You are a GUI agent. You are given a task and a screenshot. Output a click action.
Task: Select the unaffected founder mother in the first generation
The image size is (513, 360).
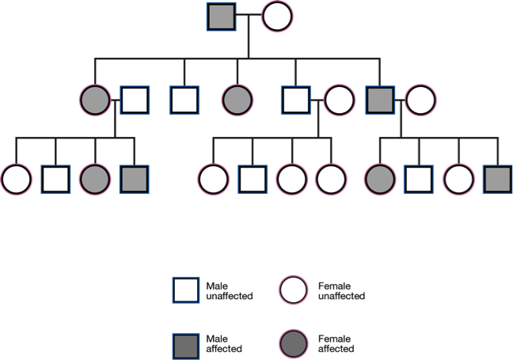(x=278, y=17)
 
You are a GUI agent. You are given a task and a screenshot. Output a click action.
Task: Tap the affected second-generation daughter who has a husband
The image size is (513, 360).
(x=94, y=100)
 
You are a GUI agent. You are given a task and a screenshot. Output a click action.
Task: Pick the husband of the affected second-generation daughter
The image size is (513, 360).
(x=135, y=100)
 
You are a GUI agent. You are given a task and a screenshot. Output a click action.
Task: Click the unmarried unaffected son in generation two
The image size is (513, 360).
(x=184, y=100)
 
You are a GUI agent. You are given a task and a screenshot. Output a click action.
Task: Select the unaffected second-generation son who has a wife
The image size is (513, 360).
(x=296, y=100)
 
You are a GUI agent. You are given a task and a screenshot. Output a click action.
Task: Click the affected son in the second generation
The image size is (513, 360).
(x=381, y=100)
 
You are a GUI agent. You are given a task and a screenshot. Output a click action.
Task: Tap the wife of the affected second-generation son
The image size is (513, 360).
(x=420, y=100)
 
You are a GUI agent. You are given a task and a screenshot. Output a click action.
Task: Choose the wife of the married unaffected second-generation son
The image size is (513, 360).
(x=338, y=100)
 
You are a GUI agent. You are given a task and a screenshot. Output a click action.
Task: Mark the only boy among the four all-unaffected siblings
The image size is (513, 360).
(x=253, y=180)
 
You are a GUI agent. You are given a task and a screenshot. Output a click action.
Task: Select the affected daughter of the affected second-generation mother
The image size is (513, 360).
(x=95, y=180)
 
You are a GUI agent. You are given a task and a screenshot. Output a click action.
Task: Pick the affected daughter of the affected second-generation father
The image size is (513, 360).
(x=379, y=180)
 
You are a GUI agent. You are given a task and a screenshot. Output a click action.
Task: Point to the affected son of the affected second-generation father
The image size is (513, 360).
(x=498, y=180)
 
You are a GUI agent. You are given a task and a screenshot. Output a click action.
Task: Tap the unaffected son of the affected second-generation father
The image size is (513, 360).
(x=419, y=180)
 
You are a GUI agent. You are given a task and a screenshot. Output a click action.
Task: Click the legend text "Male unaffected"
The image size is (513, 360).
(x=229, y=290)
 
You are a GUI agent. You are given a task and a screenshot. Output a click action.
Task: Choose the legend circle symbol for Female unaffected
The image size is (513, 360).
(x=295, y=290)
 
